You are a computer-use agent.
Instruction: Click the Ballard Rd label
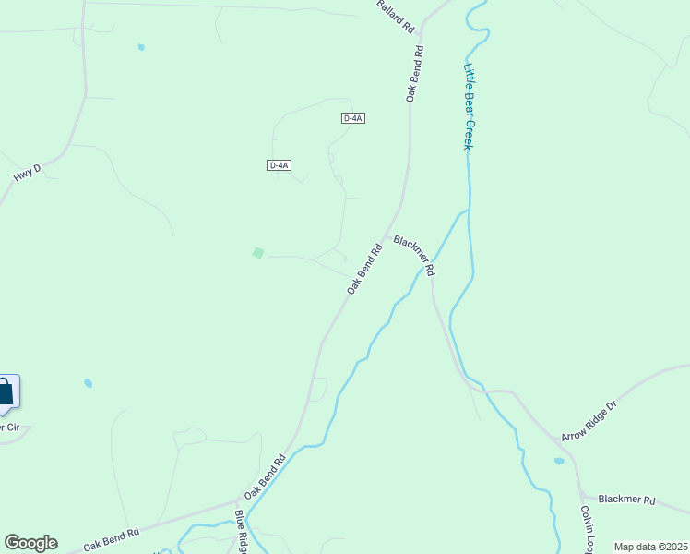(395, 18)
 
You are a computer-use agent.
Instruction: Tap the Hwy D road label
(28, 173)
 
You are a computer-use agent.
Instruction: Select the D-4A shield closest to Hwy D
(280, 165)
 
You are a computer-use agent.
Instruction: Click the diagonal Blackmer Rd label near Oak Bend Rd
(413, 255)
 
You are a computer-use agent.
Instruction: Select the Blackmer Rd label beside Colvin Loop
(626, 500)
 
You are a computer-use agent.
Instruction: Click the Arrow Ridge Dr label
(588, 420)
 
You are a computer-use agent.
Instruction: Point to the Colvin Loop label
(588, 529)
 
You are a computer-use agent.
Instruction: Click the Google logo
(30, 543)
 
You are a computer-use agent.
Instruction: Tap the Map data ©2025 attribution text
(650, 547)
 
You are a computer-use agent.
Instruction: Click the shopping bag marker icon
(5, 392)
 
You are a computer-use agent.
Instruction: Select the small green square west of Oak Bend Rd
(258, 252)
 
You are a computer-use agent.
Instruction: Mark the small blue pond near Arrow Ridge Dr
(559, 461)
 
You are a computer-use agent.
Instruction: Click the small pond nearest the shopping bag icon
(89, 382)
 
